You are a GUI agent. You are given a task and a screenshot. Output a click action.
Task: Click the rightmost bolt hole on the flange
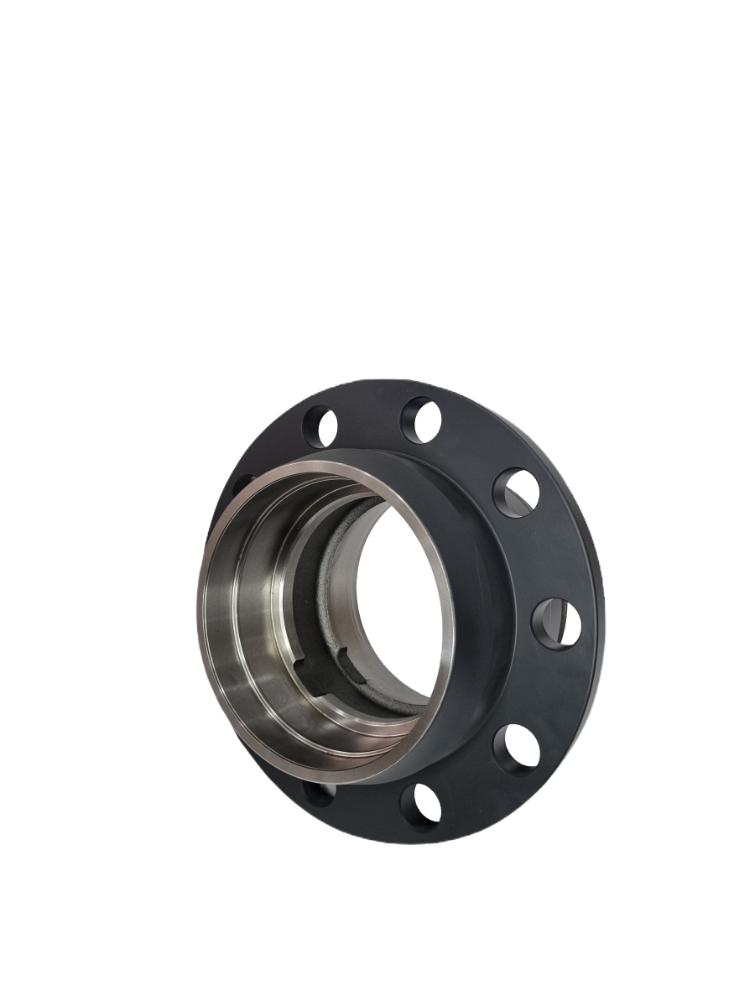coord(557,622)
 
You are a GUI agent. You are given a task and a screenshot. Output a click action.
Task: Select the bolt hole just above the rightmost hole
coord(516,493)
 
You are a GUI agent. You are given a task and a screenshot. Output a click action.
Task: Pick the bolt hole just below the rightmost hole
coord(516,747)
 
